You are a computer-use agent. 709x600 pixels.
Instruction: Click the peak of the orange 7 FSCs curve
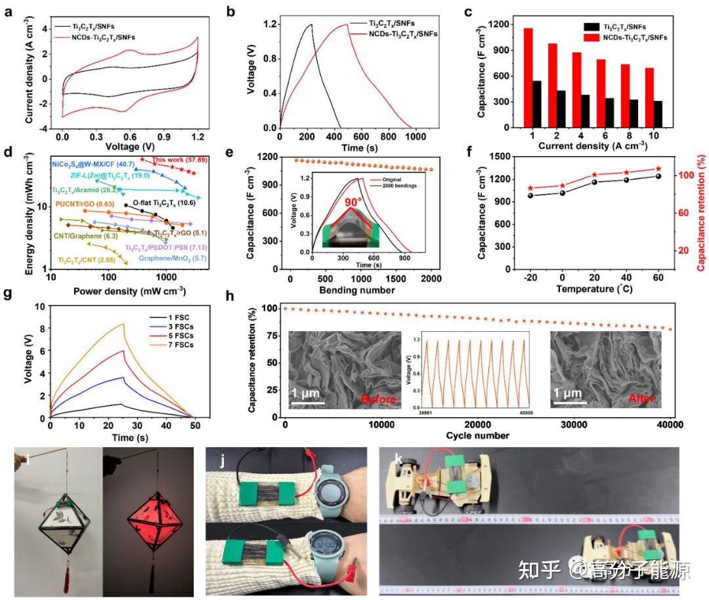pyautogui.click(x=123, y=324)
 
